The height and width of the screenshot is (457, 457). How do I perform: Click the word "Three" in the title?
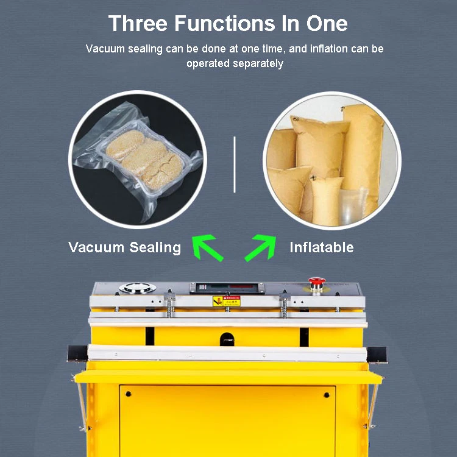139,23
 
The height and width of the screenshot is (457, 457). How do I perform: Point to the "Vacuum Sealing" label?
124,247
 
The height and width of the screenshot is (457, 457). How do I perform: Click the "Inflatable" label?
321,247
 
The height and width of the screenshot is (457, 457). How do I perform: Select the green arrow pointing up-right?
261,247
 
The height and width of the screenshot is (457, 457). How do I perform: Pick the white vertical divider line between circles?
235,164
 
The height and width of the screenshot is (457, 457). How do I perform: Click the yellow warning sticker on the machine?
226,301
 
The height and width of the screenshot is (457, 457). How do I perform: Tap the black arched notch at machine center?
227,336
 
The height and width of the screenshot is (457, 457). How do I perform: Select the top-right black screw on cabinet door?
325,395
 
